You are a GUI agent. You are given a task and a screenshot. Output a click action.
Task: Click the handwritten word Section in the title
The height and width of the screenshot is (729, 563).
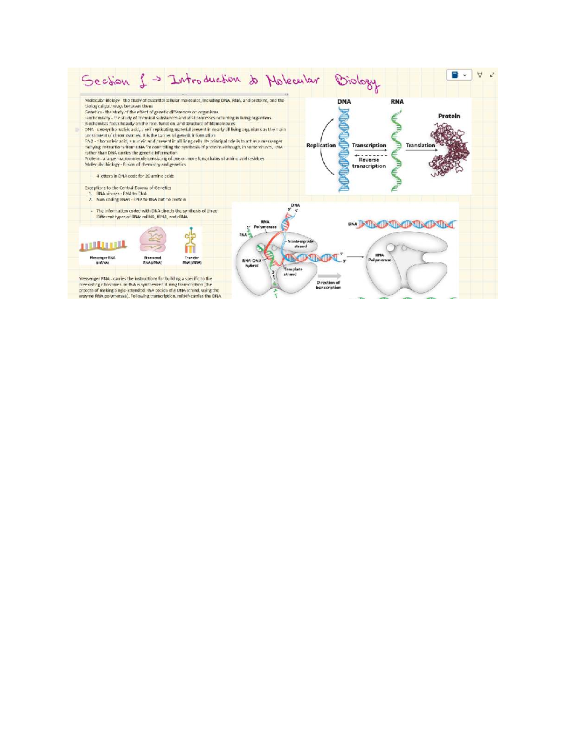(106, 81)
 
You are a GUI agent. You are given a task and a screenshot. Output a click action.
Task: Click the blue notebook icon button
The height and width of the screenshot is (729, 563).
(459, 75)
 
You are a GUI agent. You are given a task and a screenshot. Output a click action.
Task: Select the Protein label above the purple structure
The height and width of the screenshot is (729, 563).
(449, 116)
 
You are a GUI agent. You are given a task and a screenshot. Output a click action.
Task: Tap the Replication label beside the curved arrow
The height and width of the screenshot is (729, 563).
(321, 146)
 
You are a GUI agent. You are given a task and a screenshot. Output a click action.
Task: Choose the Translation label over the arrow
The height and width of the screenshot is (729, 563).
(420, 146)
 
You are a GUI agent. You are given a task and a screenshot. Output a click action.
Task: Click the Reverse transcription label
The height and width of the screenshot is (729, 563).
(369, 163)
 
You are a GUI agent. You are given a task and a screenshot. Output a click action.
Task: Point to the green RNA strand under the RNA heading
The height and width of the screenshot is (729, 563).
(397, 150)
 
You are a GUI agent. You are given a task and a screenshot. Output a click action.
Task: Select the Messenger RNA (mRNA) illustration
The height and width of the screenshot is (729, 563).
(103, 245)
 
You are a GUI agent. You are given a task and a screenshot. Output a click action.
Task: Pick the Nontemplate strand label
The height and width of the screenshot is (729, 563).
(300, 244)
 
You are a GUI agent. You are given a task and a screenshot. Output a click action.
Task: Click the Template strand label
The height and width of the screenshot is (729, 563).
(293, 272)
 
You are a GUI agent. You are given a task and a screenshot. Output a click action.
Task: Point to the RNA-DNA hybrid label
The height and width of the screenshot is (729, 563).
(252, 263)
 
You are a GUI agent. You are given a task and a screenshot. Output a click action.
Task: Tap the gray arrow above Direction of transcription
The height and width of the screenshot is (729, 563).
(329, 276)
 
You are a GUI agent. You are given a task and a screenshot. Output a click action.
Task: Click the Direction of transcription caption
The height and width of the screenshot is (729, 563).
(328, 285)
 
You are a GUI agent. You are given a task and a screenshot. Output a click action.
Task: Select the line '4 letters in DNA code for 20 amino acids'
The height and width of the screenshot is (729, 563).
(135, 176)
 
